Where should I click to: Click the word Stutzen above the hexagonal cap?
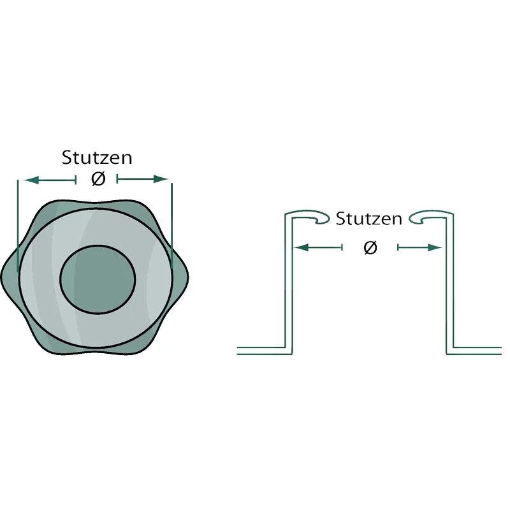tap(97, 157)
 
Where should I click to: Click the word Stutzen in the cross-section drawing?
tap(369, 219)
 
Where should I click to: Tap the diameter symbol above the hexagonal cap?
tap(98, 179)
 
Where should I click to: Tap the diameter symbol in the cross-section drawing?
tap(370, 248)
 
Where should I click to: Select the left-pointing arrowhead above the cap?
tap(31, 180)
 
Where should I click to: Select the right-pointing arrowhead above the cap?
tap(161, 179)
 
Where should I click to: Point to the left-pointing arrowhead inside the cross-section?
tap(301, 247)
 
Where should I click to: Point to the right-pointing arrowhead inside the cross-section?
tap(434, 247)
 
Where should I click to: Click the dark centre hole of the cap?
tap(98, 280)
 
